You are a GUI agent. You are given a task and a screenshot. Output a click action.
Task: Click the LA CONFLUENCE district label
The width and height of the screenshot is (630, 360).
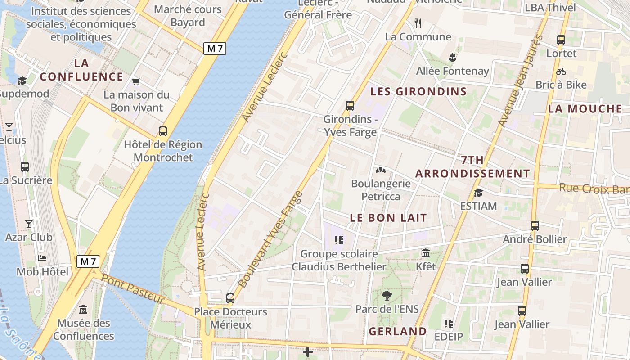coord(81,70)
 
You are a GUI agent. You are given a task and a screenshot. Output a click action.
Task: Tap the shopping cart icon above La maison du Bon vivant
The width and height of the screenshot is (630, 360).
coord(136,81)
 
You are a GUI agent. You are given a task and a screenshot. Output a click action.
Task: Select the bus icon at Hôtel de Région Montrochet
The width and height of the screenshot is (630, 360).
coord(163,131)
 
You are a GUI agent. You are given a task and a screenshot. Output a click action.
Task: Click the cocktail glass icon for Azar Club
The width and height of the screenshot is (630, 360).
coord(29,224)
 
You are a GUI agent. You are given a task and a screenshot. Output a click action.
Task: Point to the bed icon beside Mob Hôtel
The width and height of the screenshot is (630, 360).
coord(42,258)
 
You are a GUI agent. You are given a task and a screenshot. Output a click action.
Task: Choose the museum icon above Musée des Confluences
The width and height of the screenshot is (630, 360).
coord(83,310)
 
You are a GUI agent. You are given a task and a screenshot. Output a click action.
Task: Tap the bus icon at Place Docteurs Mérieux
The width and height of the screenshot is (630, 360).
coord(230,298)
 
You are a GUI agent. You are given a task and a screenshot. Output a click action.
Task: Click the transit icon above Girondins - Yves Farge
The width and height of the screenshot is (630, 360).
coord(350,106)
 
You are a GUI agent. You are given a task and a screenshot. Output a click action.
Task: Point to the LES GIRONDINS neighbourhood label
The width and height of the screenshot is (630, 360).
coord(418,92)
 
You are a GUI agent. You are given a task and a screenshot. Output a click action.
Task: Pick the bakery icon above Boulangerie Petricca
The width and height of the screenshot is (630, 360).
coord(381,171)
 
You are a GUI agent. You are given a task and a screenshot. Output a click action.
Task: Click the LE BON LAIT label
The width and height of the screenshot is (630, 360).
coord(388,218)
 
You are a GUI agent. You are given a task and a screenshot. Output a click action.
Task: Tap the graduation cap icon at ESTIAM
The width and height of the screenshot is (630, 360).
coord(478,193)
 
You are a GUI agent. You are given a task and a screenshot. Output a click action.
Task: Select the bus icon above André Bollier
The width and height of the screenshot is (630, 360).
coord(535,225)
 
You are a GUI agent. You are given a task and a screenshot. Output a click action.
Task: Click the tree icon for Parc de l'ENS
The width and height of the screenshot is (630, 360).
coord(387,296)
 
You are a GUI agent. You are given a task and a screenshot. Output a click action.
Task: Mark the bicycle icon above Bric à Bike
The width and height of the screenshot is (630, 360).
coord(561,72)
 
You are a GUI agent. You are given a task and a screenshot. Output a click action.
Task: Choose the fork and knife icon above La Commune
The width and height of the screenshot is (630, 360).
coord(418,23)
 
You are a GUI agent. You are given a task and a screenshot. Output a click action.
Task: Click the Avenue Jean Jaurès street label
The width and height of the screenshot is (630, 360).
coord(521,81)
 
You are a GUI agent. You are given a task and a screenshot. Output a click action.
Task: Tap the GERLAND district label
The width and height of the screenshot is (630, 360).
coord(398,332)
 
